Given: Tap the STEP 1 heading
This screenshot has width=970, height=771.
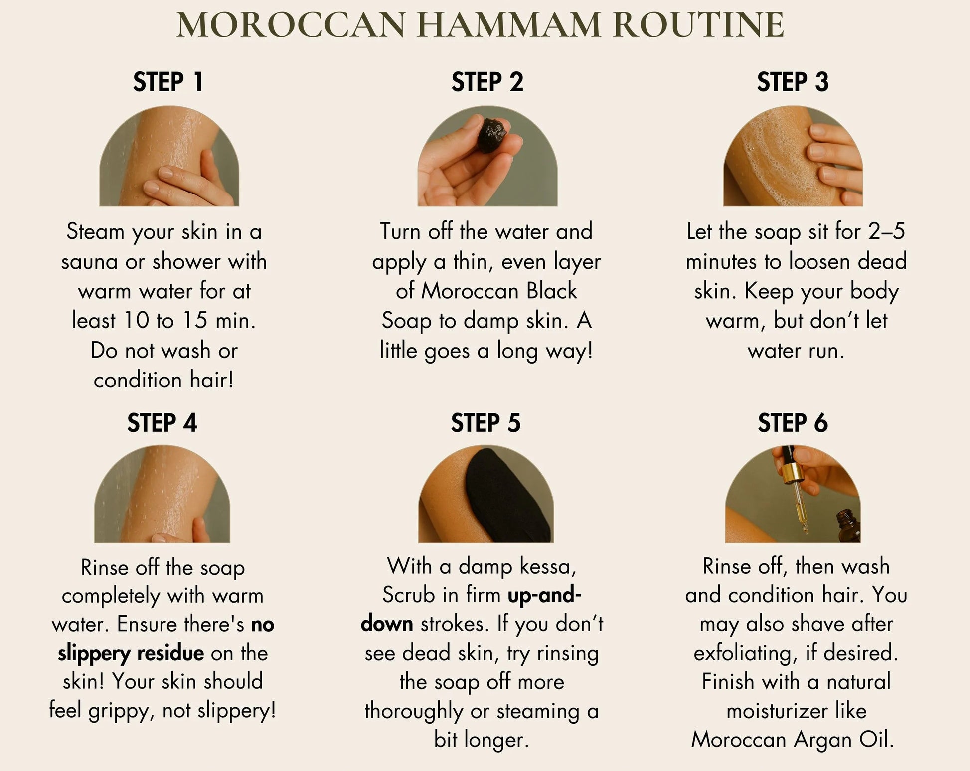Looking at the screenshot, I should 168,82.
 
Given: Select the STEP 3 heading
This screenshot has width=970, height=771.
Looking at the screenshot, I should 793,82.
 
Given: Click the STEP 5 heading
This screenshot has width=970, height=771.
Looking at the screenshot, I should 485,423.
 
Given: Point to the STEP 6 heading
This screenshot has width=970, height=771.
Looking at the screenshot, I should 793,423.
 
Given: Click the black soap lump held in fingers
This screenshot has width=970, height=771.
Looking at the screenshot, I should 493,135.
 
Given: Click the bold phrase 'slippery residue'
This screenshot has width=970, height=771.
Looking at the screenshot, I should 131,653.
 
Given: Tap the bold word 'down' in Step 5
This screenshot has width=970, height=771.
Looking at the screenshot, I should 387,624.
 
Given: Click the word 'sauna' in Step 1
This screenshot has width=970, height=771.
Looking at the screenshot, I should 90,262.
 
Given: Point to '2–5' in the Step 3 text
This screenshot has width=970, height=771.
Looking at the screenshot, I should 886,232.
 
